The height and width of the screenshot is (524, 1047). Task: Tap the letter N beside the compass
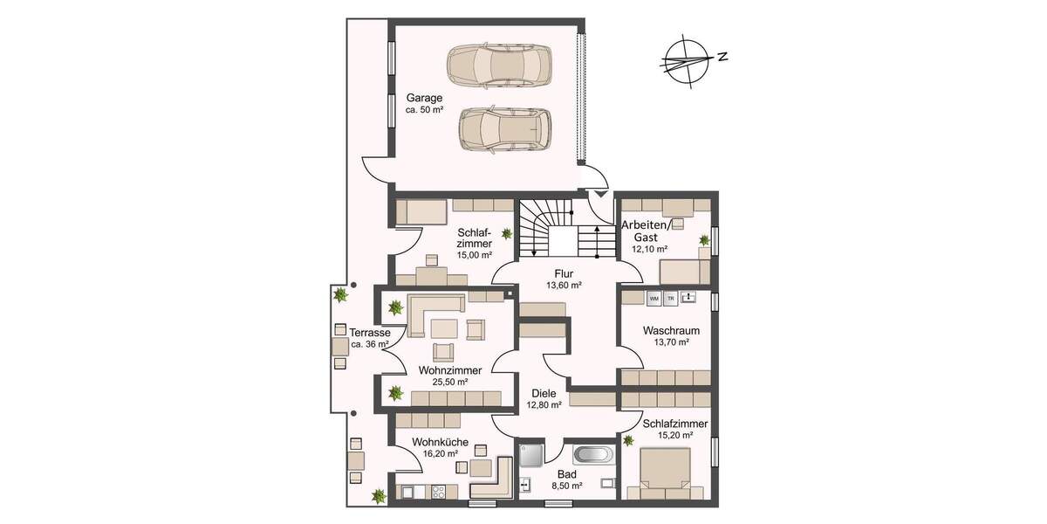(x=722, y=57)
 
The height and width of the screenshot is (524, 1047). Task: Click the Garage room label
(x=424, y=98)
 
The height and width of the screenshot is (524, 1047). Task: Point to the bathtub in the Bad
(x=594, y=455)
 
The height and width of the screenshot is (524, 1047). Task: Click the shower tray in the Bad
(x=531, y=453)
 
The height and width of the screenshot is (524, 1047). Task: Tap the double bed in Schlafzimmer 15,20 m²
(x=664, y=472)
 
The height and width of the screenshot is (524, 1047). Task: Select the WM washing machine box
(x=654, y=298)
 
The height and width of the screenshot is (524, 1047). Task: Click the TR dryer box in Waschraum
(x=671, y=298)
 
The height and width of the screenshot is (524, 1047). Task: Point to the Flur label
(x=563, y=272)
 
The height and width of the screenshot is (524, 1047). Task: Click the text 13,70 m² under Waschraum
(x=671, y=342)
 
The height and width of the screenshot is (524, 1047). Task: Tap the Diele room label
(x=544, y=393)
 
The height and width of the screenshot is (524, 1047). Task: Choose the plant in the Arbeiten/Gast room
(x=703, y=239)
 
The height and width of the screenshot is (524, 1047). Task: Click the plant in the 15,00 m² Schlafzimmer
(x=506, y=233)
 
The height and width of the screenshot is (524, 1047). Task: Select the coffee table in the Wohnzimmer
(x=443, y=328)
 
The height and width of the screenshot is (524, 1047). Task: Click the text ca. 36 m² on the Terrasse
(x=370, y=345)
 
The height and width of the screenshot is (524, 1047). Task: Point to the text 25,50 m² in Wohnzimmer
(x=450, y=382)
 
